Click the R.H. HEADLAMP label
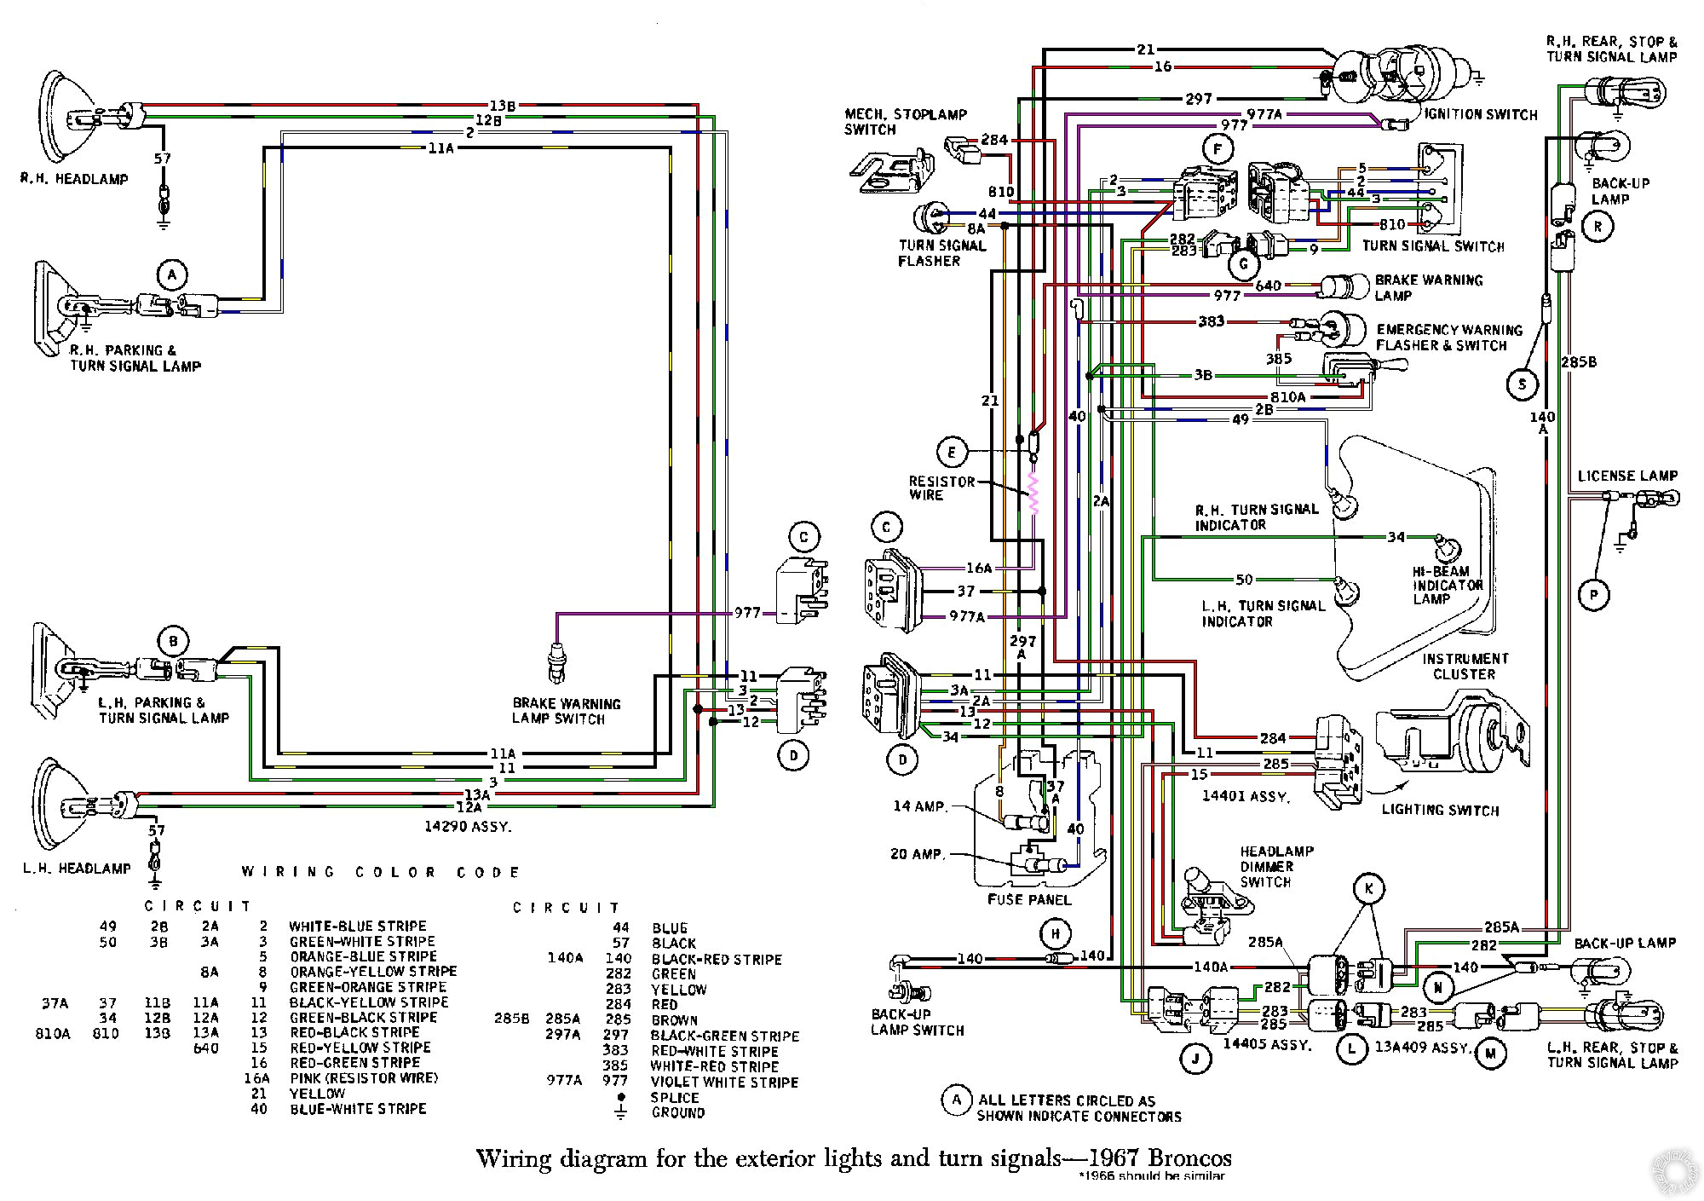(x=75, y=179)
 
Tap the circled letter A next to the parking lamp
(x=171, y=274)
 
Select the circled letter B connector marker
(x=173, y=641)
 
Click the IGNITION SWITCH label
(x=1482, y=114)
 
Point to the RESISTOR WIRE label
(x=941, y=488)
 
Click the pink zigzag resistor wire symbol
(x=1034, y=494)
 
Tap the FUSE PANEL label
(x=1029, y=899)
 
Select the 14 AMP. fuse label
(x=920, y=805)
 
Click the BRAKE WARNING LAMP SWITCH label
(x=566, y=711)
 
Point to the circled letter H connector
(x=1055, y=934)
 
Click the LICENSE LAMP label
(x=1627, y=476)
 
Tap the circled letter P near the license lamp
(x=1593, y=595)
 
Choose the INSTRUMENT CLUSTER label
(x=1464, y=666)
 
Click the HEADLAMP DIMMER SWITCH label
(x=1276, y=866)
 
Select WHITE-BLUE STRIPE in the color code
(x=357, y=926)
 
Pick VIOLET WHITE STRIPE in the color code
(x=724, y=1082)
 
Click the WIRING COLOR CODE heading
(x=381, y=872)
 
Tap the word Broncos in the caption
(x=1189, y=1158)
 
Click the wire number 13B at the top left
(x=502, y=106)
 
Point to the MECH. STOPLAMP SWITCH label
(x=905, y=122)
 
